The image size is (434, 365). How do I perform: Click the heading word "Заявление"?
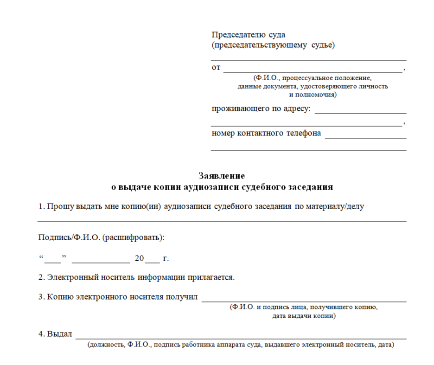[222, 176]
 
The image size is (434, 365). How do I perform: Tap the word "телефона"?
[303, 133]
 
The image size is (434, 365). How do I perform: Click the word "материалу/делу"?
[335, 206]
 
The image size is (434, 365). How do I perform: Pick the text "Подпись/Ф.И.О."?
[69, 237]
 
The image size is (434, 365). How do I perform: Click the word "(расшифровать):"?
[134, 237]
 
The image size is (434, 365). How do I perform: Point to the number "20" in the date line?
[140, 258]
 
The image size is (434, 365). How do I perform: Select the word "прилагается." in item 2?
[211, 277]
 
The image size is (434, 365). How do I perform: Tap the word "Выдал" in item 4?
[60, 334]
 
